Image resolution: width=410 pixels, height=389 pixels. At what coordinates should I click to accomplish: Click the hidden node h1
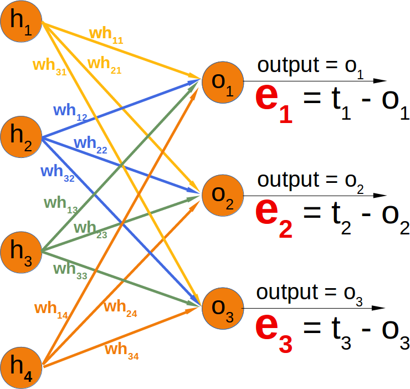pyautogui.click(x=21, y=25)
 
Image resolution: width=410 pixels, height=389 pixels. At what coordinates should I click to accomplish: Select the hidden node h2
pyautogui.click(x=21, y=137)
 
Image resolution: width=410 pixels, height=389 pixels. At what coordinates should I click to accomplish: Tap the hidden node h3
pyautogui.click(x=21, y=252)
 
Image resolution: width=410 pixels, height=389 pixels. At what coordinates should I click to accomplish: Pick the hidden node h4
pyautogui.click(x=21, y=366)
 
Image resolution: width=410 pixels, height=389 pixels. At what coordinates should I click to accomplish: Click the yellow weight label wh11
pyautogui.click(x=106, y=35)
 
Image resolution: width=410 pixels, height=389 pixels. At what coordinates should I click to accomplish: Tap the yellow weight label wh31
pyautogui.click(x=49, y=66)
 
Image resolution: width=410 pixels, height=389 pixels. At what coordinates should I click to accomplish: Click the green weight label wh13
pyautogui.click(x=61, y=204)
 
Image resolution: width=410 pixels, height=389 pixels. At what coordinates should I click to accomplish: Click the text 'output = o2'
pyautogui.click(x=310, y=181)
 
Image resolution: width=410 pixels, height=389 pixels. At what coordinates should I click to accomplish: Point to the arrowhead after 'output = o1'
pyautogui.click(x=380, y=81)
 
